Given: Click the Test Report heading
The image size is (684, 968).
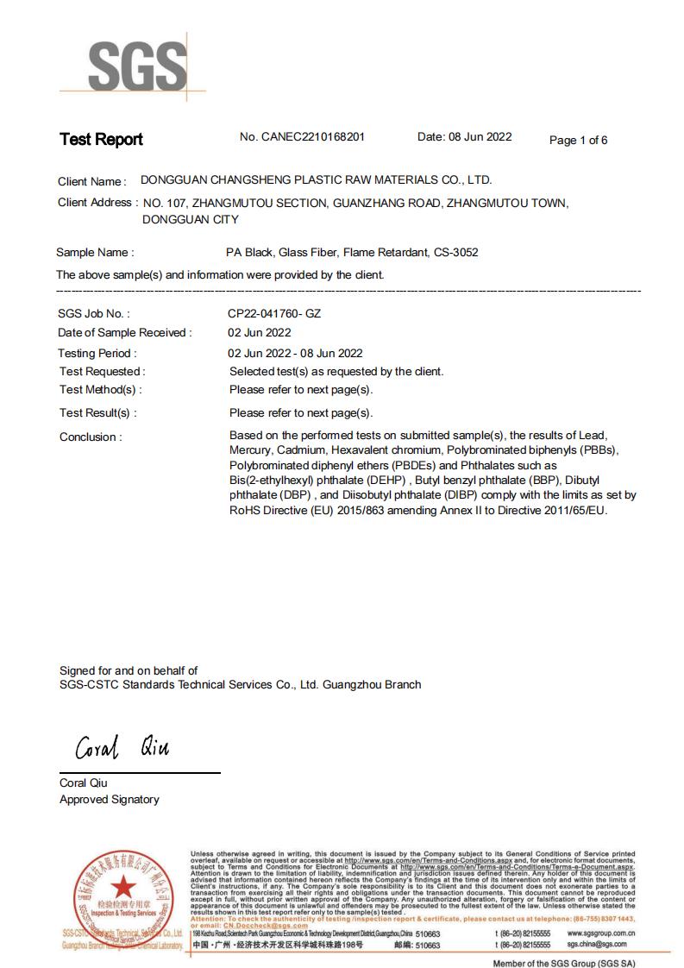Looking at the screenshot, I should [101, 140].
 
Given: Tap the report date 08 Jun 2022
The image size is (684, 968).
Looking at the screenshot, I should [480, 137].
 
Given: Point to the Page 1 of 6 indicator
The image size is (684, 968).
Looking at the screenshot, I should [578, 141].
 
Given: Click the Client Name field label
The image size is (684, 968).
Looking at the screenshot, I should [91, 182].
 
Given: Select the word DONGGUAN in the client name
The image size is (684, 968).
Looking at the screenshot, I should [173, 180].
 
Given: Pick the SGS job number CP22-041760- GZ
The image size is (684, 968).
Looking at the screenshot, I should [273, 314].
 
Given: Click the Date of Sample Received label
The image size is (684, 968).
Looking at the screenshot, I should [124, 333].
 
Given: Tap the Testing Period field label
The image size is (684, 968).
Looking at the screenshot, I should [97, 353].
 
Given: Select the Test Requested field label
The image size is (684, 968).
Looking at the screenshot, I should [102, 372].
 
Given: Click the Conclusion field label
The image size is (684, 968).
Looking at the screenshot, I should [91, 437].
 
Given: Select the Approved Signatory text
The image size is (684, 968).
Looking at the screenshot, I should [110, 800].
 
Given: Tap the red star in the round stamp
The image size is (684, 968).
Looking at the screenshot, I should [122, 884].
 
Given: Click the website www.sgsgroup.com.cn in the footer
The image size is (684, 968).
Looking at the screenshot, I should [601, 933].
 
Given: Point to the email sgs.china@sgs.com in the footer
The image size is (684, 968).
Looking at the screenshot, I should [601, 945].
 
